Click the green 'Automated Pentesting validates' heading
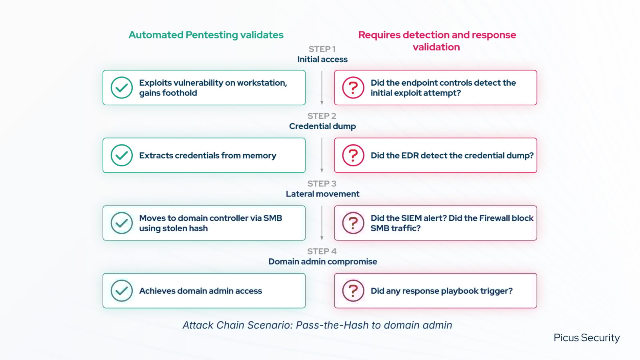coord(206,35)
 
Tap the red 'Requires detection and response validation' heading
coord(437,41)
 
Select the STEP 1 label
coord(322,49)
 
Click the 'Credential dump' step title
coord(322,126)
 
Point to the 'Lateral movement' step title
coord(322,194)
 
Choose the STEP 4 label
coord(322,252)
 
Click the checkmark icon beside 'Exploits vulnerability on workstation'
coord(122,88)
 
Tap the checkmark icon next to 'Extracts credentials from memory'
coord(122,155)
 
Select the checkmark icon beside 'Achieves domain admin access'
coord(122,291)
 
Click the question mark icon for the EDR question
coord(353,155)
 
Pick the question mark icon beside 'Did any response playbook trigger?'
coord(353,291)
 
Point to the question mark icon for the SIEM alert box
coord(353,223)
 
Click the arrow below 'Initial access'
coord(322,88)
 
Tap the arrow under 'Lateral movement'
coord(322,223)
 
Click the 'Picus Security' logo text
coord(586,338)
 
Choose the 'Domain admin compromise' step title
coord(322,262)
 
